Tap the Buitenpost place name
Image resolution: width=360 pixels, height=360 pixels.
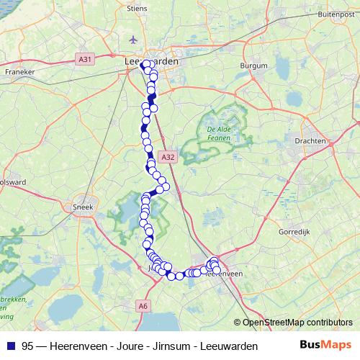tap(337, 13)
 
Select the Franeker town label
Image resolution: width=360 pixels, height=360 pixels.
tap(20, 72)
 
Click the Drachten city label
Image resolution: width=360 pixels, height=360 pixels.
tap(310, 141)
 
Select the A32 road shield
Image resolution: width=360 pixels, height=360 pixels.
tap(168, 156)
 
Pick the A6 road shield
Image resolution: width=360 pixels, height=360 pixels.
tap(143, 306)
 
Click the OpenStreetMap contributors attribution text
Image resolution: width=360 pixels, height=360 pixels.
tap(296, 322)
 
